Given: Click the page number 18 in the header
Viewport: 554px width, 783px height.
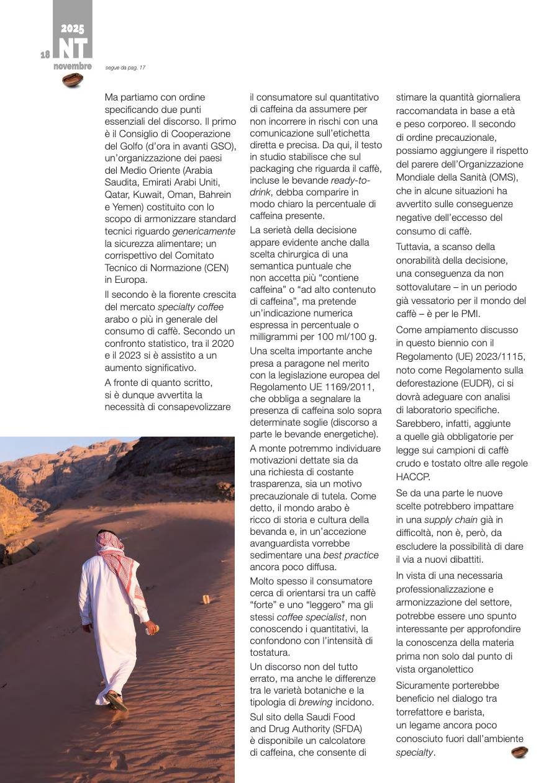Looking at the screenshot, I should [x=45, y=55].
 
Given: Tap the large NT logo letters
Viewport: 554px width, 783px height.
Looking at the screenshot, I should [x=73, y=48].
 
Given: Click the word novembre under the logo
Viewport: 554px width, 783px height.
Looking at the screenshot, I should [x=72, y=66].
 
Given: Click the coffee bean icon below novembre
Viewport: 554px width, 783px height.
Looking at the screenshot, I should [x=73, y=79].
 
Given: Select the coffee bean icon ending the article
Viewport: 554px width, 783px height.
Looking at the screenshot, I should [x=519, y=752].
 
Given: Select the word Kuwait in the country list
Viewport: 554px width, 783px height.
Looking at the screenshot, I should [x=145, y=194].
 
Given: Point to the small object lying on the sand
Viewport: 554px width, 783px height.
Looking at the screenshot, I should [x=206, y=599].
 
